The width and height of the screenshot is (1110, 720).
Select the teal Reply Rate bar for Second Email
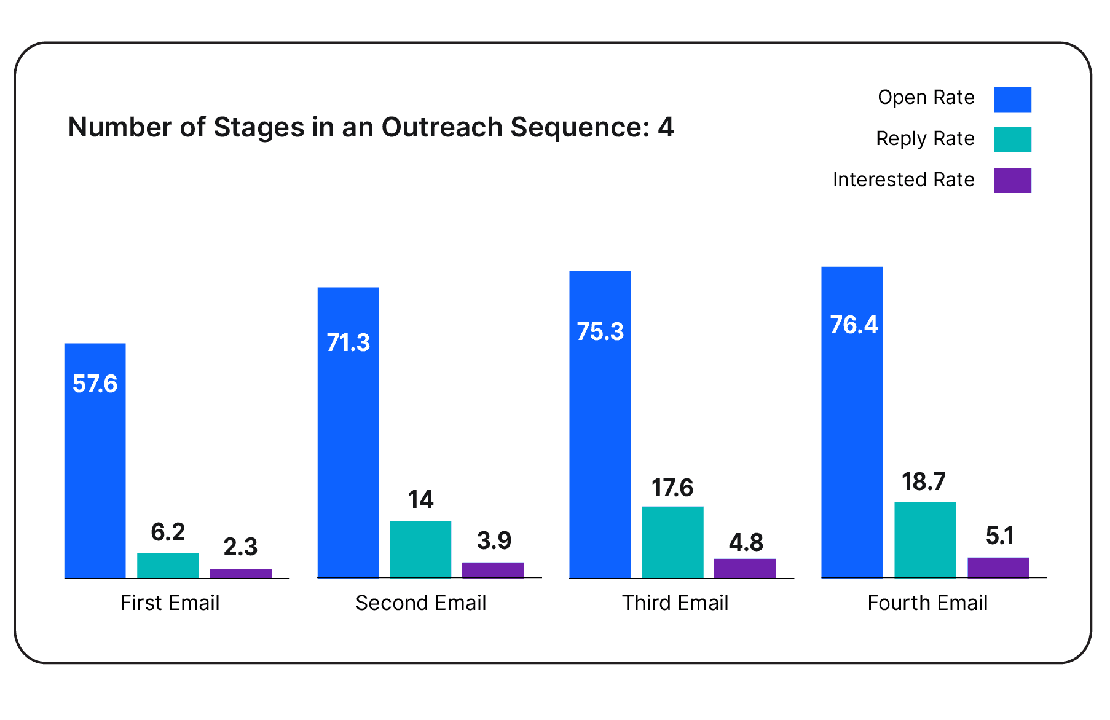420,549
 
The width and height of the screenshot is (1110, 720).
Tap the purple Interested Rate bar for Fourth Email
998,568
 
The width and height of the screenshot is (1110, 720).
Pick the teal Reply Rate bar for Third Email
672,542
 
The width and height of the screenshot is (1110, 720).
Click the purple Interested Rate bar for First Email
240,573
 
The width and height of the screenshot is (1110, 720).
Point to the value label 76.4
854,325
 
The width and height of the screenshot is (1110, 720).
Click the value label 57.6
95,384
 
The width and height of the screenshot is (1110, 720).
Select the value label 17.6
672,488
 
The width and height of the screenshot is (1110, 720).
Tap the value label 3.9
494,541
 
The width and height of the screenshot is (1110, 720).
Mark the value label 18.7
924,482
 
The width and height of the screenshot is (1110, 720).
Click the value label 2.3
240,547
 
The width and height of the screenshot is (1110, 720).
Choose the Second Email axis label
421,603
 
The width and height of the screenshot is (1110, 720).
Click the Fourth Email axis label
927,603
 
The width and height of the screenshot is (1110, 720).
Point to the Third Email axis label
675,603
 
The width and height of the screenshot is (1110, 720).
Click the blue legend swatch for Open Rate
1013,100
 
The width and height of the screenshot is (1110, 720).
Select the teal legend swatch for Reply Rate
1013,140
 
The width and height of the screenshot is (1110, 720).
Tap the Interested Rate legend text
903,180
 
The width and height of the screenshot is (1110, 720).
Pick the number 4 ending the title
666,127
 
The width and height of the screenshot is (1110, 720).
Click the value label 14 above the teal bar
421,499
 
